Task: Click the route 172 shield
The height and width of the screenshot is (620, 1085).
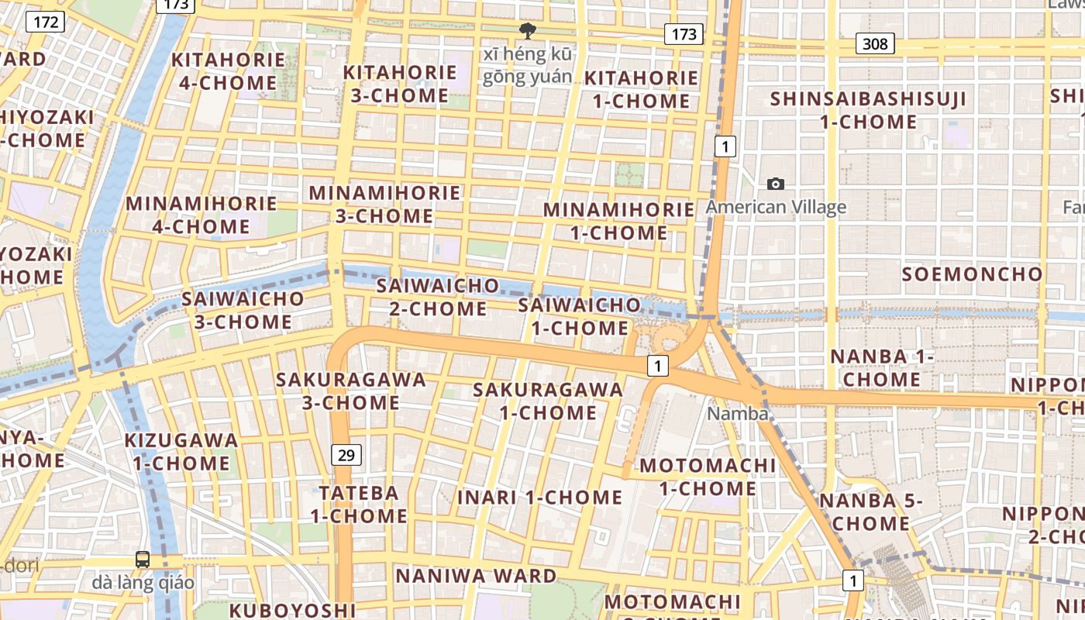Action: click(46, 22)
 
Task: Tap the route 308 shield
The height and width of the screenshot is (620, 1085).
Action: click(875, 43)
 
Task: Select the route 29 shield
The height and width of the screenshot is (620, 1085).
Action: click(346, 455)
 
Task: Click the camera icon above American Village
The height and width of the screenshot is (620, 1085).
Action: click(775, 184)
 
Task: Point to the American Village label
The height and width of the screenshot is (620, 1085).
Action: click(776, 207)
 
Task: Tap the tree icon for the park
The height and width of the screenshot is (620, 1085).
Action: click(528, 32)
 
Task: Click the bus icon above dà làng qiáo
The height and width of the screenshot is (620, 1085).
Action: click(143, 559)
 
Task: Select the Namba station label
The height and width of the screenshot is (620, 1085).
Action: click(737, 414)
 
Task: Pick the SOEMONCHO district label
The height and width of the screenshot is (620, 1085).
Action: click(973, 274)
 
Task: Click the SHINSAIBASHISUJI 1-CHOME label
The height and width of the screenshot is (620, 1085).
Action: click(868, 110)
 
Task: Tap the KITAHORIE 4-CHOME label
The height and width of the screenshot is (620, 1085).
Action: click(228, 71)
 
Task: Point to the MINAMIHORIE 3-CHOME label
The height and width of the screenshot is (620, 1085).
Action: click(384, 204)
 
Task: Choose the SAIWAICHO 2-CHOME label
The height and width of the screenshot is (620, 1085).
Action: click(438, 297)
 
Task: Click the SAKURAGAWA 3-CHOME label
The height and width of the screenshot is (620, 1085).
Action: click(351, 391)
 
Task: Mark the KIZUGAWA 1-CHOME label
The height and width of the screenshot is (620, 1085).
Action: click(181, 452)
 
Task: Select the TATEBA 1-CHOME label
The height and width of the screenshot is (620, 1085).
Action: click(359, 504)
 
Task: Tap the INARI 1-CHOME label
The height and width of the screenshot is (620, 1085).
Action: click(539, 498)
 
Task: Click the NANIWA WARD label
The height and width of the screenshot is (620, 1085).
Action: click(476, 576)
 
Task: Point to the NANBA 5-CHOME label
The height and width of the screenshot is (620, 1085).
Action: click(871, 511)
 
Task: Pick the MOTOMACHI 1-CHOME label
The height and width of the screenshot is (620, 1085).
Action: click(707, 477)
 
